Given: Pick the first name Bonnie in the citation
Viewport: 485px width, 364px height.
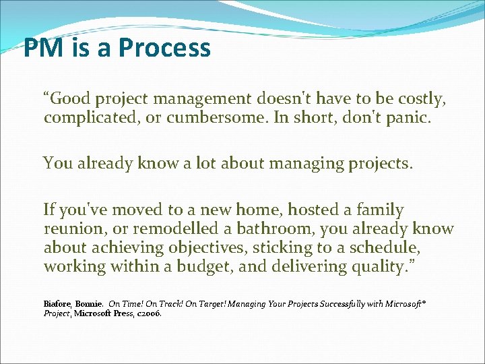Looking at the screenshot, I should [x=90, y=304].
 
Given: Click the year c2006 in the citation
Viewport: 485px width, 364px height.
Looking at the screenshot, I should [x=148, y=313].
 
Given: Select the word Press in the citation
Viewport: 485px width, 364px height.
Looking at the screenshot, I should [x=125, y=313].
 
